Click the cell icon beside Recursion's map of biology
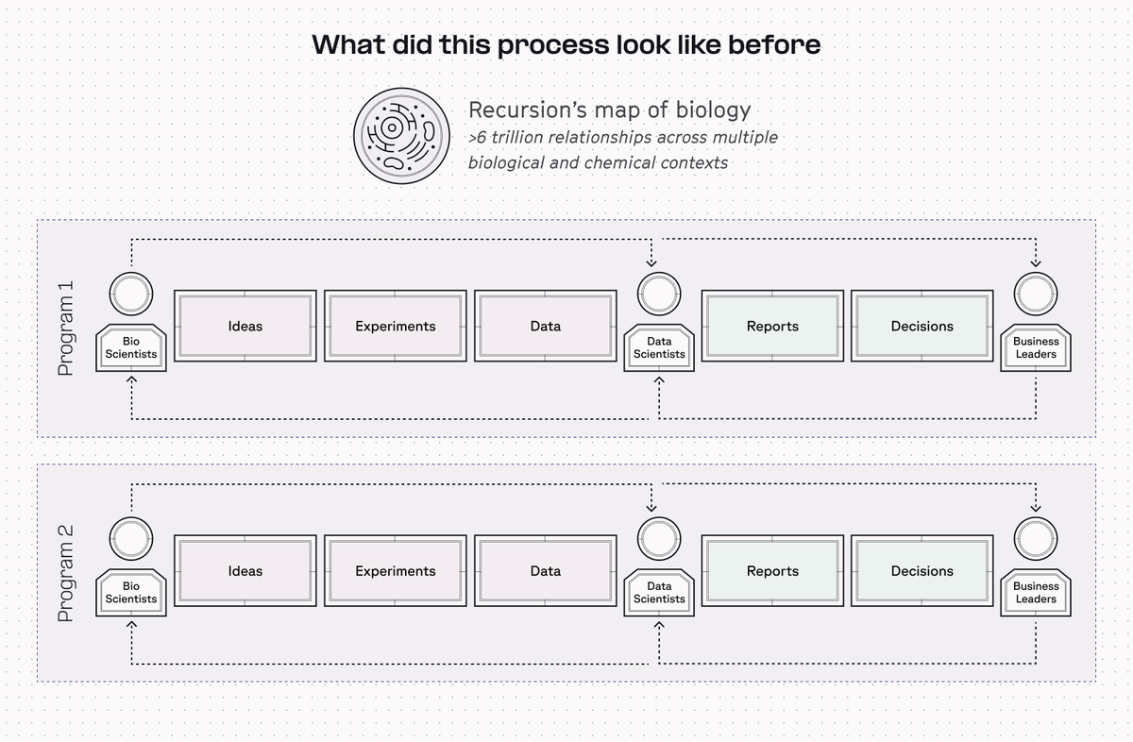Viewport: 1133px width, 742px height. (x=401, y=136)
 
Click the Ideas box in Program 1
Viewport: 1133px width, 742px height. (x=245, y=326)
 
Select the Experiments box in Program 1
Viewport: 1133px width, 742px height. (x=395, y=326)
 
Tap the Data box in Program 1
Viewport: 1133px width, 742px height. (x=546, y=326)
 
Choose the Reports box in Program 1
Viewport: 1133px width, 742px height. (x=772, y=326)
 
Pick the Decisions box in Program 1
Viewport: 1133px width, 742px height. (x=922, y=326)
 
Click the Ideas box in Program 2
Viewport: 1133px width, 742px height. (x=245, y=570)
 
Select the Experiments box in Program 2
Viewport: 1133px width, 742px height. (x=395, y=570)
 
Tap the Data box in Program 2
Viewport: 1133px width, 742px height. (x=546, y=570)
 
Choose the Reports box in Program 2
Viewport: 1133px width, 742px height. (x=772, y=570)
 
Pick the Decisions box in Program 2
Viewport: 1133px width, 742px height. (x=922, y=570)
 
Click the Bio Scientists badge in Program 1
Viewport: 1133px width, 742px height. (x=131, y=348)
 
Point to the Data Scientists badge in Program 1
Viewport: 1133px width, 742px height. (x=659, y=348)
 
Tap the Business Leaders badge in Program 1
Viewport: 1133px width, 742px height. (x=1036, y=348)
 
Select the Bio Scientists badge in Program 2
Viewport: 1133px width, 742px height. (x=131, y=593)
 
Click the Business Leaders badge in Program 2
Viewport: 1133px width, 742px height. (x=1036, y=593)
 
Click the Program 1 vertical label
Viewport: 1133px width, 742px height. (x=66, y=329)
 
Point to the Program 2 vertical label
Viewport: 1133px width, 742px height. (x=66, y=573)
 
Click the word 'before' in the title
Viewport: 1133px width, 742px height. (x=774, y=44)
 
